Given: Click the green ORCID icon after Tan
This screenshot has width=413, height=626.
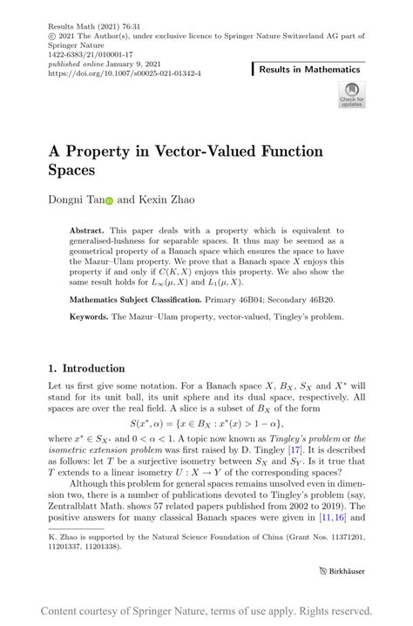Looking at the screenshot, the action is (x=110, y=200).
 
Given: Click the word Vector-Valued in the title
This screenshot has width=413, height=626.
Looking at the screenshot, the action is (x=221, y=151).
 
